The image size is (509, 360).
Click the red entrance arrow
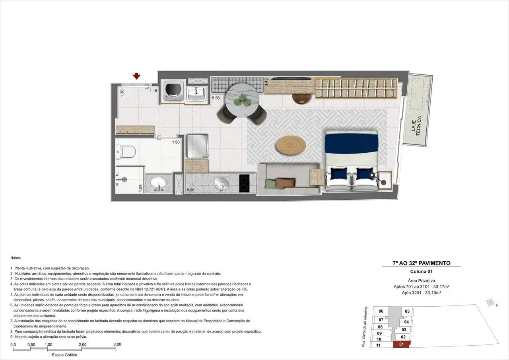[x=137, y=76]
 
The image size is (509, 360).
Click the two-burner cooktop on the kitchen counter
[x=247, y=184]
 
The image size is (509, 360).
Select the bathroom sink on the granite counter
[x=159, y=184]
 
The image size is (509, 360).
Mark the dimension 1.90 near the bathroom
[x=176, y=142]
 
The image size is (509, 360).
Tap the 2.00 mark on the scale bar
[x=82, y=344]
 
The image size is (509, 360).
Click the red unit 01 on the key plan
[x=401, y=344]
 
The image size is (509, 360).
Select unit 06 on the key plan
[x=381, y=311]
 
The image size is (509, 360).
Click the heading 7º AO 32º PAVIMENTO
[x=421, y=263]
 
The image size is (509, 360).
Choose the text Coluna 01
[x=421, y=272]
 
